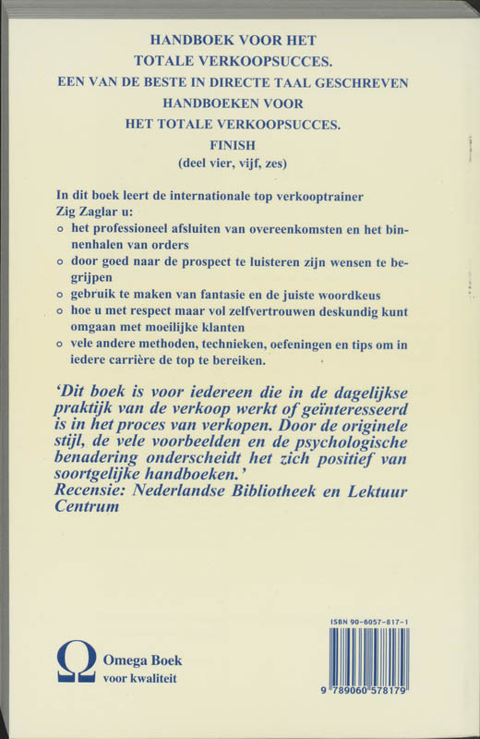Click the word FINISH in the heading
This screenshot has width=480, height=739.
tap(239, 145)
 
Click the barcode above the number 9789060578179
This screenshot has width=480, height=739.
tap(376, 664)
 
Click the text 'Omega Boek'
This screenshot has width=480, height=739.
tap(143, 660)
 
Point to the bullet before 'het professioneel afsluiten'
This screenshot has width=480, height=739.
tap(61, 229)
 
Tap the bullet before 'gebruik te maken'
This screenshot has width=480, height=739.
tap(61, 295)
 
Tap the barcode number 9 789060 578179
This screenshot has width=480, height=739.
tap(376, 701)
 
